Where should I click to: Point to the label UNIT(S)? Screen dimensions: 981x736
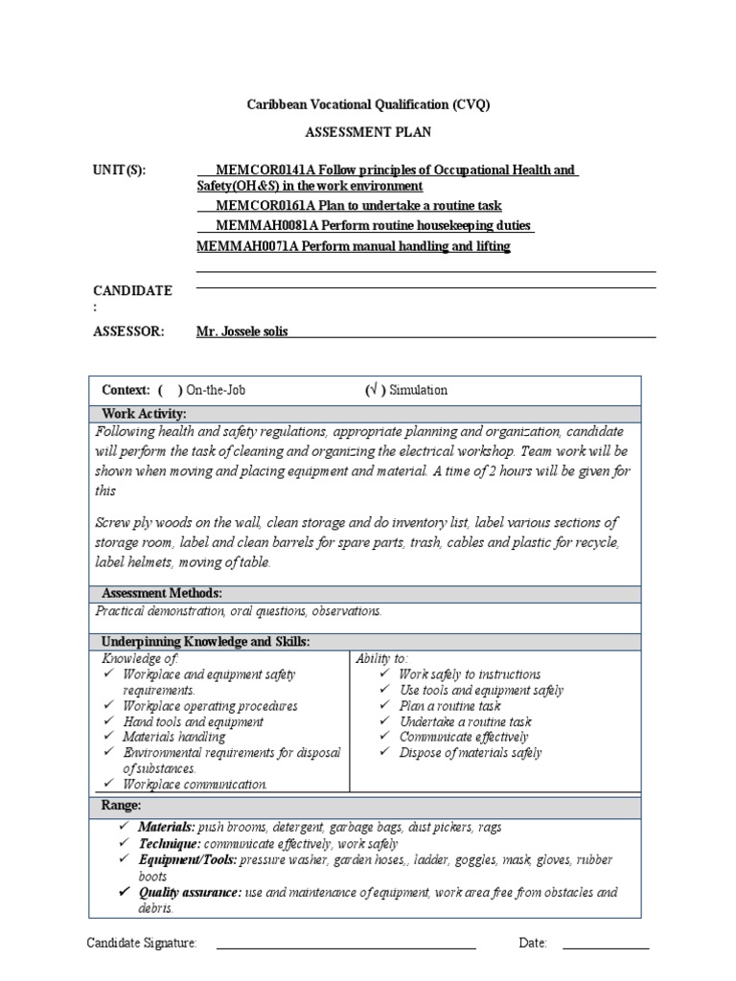point(120,171)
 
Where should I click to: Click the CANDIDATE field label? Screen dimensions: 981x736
point(132,290)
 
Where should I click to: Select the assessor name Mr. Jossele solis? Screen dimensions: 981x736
point(241,331)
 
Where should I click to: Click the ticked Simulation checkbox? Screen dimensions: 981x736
point(375,390)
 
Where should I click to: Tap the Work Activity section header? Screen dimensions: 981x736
point(144,413)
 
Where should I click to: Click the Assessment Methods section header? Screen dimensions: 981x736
point(161,594)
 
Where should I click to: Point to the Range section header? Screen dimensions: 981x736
point(121,805)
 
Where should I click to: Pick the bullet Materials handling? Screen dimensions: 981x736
point(173,737)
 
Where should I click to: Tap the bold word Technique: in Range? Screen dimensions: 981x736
point(170,843)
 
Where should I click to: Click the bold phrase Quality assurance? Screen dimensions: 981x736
point(190,892)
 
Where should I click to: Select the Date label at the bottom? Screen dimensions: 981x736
point(533,944)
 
